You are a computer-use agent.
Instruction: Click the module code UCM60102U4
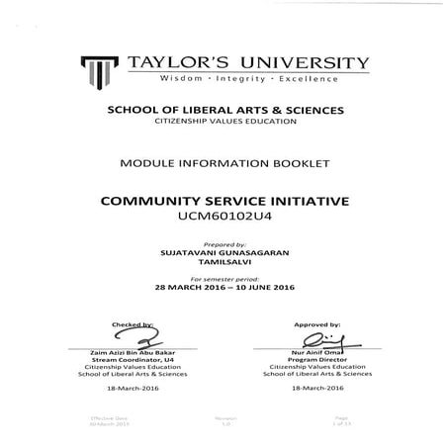pos(223,215)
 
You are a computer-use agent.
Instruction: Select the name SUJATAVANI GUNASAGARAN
pos(223,251)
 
